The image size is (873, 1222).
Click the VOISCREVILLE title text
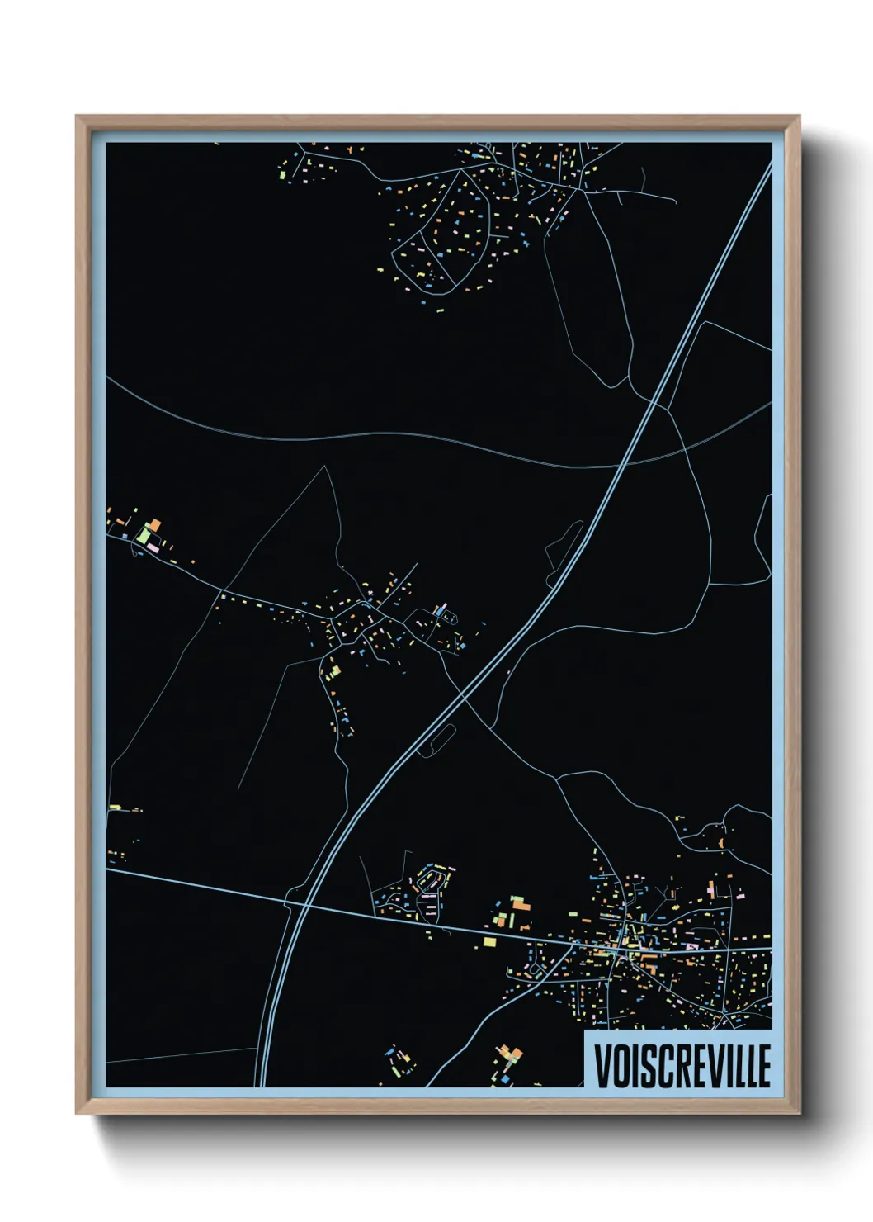[682, 1065]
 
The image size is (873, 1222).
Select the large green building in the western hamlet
[144, 536]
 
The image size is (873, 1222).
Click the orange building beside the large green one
[153, 525]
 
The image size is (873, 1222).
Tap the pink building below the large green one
[152, 548]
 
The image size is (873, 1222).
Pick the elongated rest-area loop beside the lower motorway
[436, 739]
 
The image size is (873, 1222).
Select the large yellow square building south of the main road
[489, 941]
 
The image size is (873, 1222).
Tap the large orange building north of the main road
[521, 905]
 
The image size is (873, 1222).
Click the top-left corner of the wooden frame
[77, 116]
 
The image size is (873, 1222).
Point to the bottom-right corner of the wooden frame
[800, 1115]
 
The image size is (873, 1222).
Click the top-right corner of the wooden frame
[800, 116]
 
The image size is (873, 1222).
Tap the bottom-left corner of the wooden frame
[77, 1115]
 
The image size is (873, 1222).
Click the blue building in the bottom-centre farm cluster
[503, 1077]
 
